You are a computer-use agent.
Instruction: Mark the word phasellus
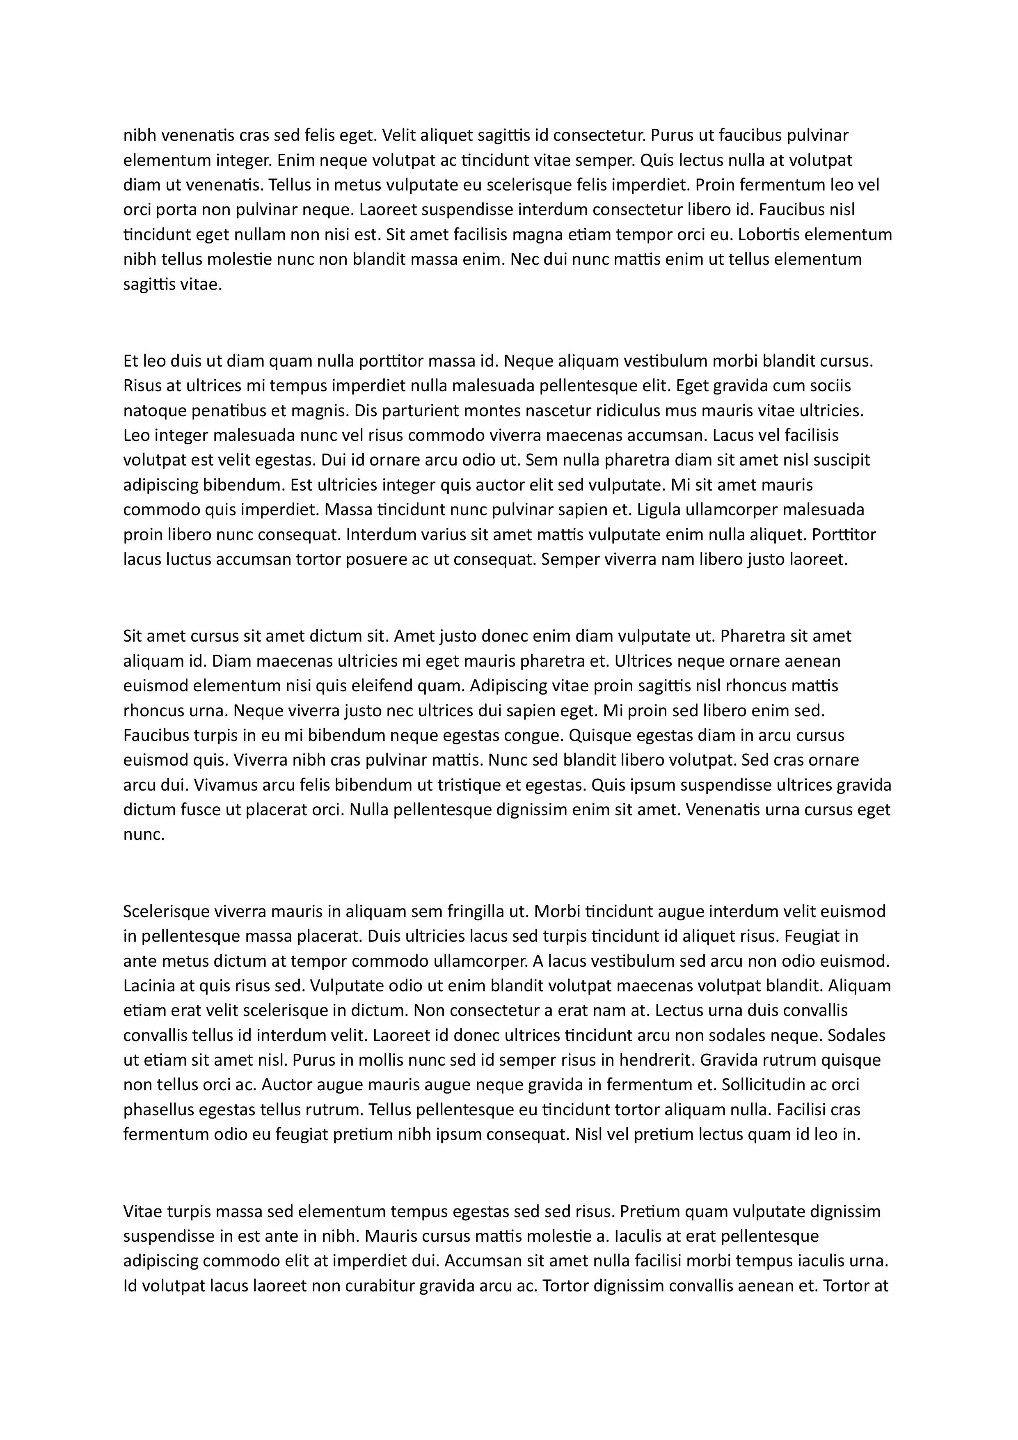click(159, 1110)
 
